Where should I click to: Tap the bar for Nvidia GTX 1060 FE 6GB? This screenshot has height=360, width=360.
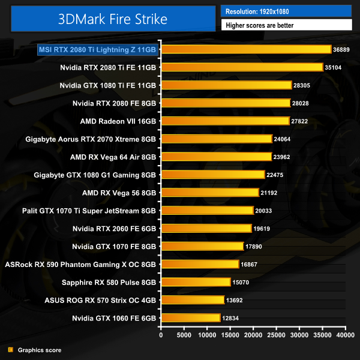click(190, 317)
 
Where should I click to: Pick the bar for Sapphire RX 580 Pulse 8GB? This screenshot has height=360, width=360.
click(196, 281)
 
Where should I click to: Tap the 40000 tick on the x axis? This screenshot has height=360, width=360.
click(345, 335)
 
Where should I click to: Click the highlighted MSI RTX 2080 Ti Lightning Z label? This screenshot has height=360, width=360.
click(98, 49)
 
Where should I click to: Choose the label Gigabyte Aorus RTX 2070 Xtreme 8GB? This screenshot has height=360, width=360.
click(91, 139)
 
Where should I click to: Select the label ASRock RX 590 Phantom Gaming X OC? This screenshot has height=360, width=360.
click(80, 264)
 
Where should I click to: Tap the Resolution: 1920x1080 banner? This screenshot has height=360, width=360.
click(286, 11)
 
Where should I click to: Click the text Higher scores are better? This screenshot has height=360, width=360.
click(286, 25)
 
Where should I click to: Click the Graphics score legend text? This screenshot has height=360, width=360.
click(40, 350)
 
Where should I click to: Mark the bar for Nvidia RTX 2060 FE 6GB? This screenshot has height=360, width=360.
click(206, 228)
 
